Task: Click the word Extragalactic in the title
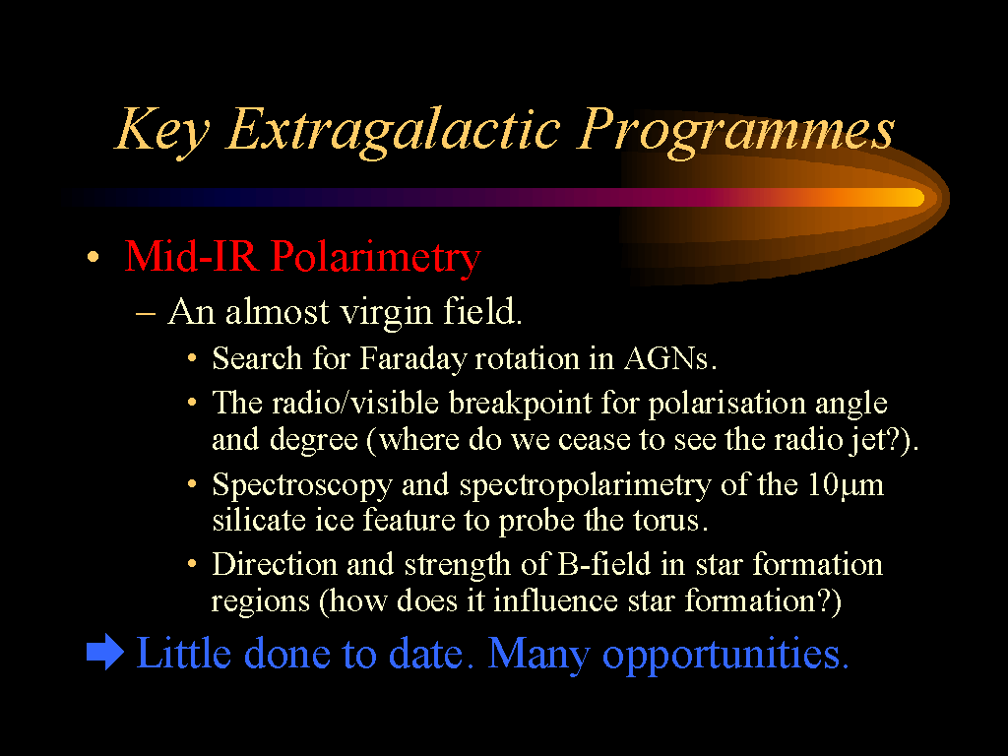pyautogui.click(x=394, y=131)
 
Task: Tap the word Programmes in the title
pyautogui.click(x=735, y=131)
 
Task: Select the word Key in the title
pyautogui.click(x=162, y=131)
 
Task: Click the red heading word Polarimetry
pyautogui.click(x=375, y=257)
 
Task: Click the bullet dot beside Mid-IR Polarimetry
pyautogui.click(x=94, y=257)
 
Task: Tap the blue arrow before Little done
pyautogui.click(x=105, y=652)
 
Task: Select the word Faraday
pyautogui.click(x=411, y=359)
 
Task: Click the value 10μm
pyautogui.click(x=846, y=484)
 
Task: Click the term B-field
pyautogui.click(x=604, y=564)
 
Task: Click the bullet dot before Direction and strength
pyautogui.click(x=192, y=564)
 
